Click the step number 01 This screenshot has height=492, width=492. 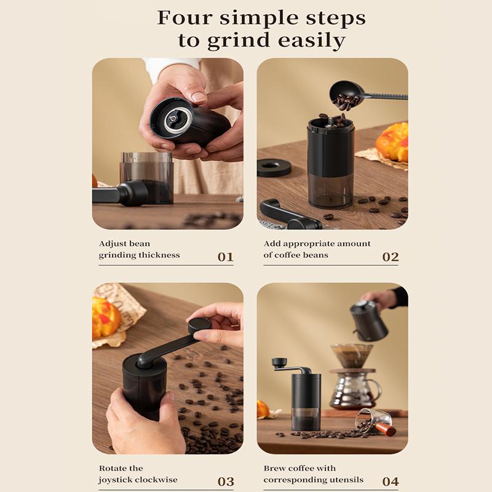226,256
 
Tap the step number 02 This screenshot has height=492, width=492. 391,256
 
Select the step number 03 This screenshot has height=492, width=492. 226,481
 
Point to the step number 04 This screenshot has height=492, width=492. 391,481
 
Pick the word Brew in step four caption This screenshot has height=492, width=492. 276,469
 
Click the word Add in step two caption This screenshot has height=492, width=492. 272,244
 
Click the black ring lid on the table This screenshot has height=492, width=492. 274,167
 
